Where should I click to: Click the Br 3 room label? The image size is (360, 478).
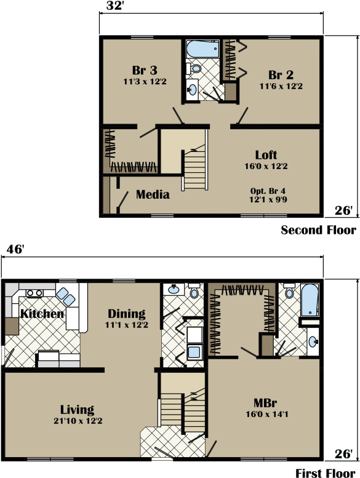(145, 70)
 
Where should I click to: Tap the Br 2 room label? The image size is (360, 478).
(281, 75)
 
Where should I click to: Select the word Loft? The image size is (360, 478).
(266, 155)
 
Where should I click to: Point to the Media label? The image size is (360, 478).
(153, 195)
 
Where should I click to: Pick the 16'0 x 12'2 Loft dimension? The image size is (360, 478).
(266, 166)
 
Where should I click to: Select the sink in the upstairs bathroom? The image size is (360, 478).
(191, 90)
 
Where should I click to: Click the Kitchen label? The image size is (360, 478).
(42, 314)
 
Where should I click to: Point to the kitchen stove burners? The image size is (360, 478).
(33, 293)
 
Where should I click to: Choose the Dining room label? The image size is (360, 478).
(126, 314)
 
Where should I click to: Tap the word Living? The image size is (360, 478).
(77, 410)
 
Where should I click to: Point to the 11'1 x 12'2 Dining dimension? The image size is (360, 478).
(126, 325)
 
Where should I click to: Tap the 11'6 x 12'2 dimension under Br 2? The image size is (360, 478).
(281, 86)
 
